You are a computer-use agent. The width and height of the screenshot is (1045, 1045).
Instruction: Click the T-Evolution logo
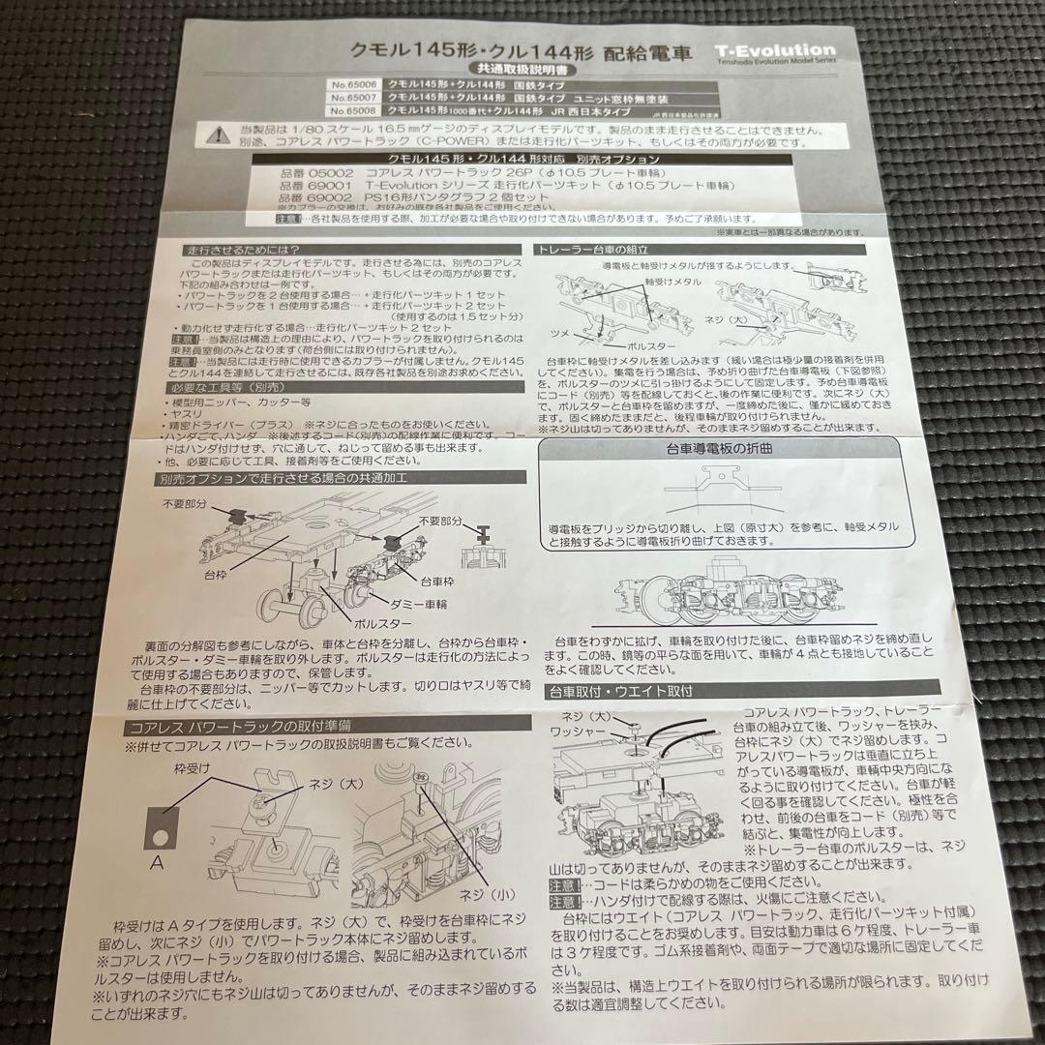[x=777, y=50]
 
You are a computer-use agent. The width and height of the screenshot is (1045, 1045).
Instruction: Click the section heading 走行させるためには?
[x=229, y=250]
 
